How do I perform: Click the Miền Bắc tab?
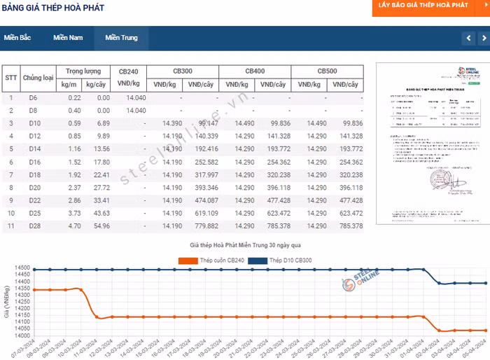coord(17,38)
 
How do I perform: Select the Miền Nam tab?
coord(68,38)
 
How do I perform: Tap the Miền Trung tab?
coord(122,38)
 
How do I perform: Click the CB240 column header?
coord(133,71)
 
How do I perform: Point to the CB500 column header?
coord(327,71)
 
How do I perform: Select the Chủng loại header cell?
coord(38,78)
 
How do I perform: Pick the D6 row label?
coord(33,98)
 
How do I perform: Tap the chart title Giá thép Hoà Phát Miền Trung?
coord(245,246)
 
